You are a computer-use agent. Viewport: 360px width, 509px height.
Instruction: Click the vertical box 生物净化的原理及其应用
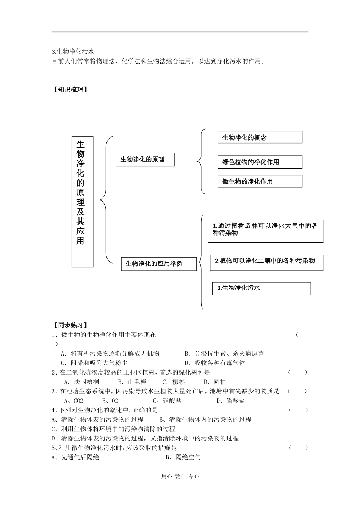(x=82, y=201)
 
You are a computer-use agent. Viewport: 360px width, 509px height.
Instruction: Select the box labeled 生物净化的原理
(x=145, y=159)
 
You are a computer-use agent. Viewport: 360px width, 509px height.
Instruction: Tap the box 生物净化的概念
(x=260, y=137)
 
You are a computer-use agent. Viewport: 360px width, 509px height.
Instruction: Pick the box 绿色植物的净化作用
(x=260, y=162)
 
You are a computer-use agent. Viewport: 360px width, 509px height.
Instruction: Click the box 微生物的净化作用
(x=260, y=181)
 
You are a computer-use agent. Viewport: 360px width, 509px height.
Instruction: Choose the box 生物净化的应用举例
(x=159, y=264)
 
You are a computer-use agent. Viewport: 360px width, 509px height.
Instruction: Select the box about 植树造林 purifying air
(x=265, y=230)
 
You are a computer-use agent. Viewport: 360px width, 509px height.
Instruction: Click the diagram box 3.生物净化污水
(x=261, y=288)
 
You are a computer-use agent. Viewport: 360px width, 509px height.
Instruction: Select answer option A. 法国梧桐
(x=81, y=382)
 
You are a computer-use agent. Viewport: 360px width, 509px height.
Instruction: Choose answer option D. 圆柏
(x=214, y=382)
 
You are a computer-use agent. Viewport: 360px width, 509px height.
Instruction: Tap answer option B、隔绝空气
(x=183, y=457)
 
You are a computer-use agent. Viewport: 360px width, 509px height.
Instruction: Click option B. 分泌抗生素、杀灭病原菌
(x=224, y=353)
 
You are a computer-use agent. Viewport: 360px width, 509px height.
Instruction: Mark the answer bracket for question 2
(x=297, y=372)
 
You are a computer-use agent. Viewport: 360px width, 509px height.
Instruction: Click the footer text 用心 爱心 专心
(x=180, y=476)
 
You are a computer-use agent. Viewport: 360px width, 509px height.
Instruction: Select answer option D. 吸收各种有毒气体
(x=214, y=363)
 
